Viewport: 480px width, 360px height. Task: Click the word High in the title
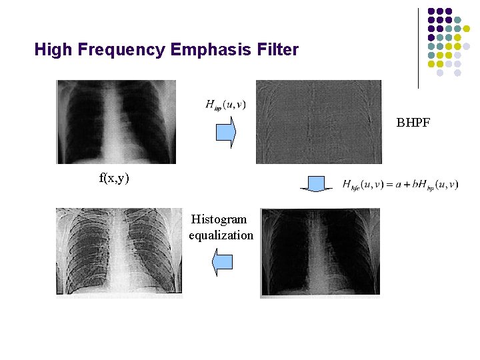tap(51, 49)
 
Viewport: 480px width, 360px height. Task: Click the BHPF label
tap(413, 122)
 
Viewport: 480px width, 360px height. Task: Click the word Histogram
tap(219, 219)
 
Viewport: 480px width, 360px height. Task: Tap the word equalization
tap(221, 235)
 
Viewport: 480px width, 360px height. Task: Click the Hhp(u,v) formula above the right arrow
tap(226, 104)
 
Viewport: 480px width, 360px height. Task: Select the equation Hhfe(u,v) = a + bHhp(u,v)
tap(400, 184)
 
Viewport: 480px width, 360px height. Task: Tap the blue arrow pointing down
tap(316, 185)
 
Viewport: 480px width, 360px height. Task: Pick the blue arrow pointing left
tap(222, 262)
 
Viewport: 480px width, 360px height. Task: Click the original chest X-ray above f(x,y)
tap(116, 122)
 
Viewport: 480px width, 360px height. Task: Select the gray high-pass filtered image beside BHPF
tap(319, 122)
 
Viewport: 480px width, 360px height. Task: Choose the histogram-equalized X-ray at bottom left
tap(119, 251)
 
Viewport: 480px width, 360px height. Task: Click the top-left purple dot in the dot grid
tap(431, 11)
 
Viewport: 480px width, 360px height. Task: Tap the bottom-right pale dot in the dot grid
tap(457, 73)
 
